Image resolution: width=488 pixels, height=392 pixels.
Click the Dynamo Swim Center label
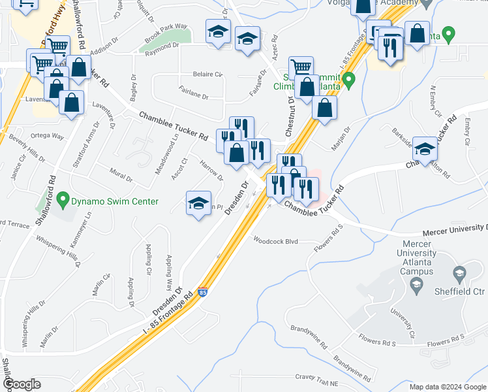[116, 201]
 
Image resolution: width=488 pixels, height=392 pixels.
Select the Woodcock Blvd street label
[276, 241]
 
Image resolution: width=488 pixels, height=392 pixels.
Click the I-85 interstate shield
[203, 293]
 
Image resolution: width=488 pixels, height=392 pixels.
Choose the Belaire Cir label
[207, 74]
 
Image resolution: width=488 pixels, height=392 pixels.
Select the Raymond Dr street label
[162, 46]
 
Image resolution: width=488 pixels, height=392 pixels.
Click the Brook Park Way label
[166, 31]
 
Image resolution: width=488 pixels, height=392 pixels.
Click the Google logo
[22, 384]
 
